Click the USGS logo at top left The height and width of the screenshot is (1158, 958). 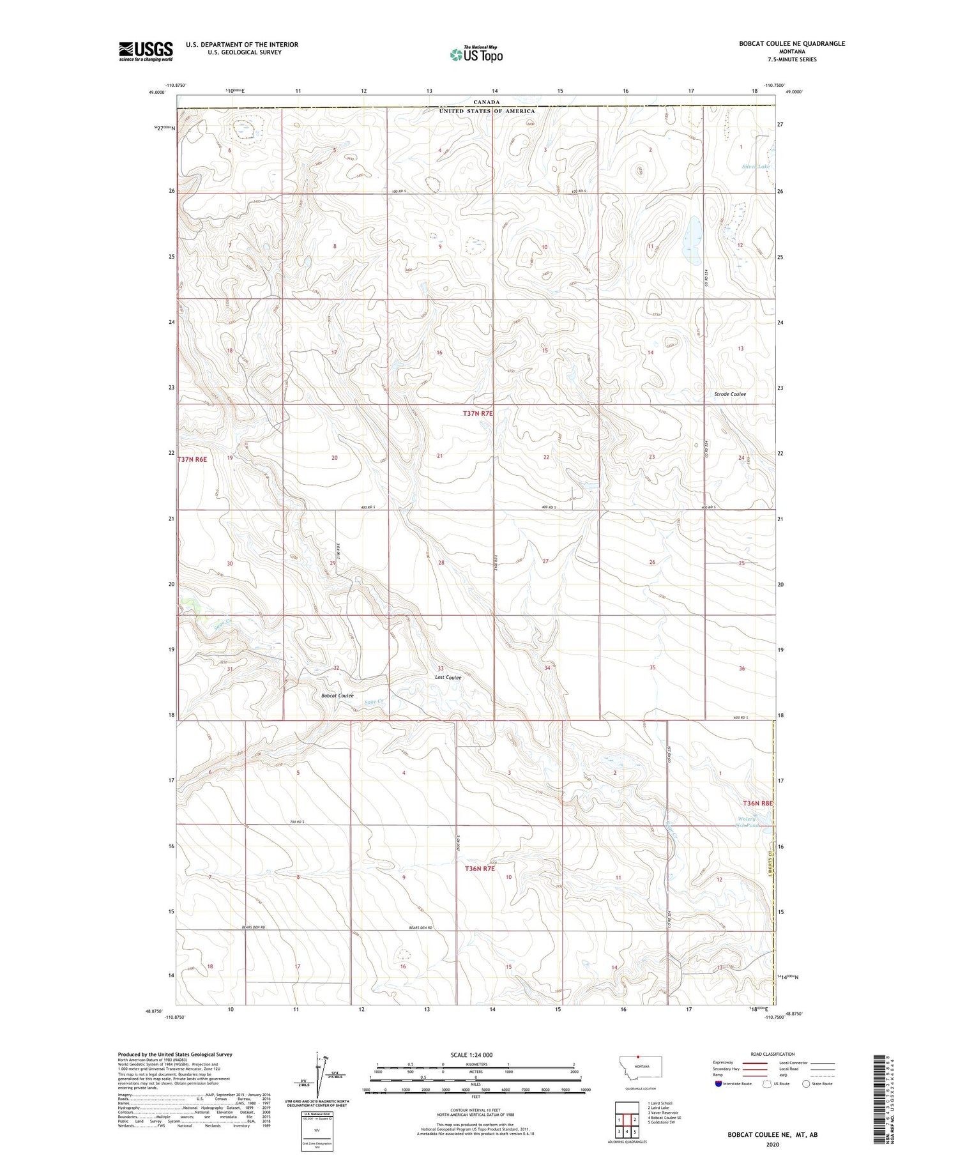tap(146, 51)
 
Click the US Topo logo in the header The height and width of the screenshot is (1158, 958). tap(476, 55)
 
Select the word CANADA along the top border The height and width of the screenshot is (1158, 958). tap(487, 102)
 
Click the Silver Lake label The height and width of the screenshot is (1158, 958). tap(756, 167)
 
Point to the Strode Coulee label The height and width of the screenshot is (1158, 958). tap(730, 394)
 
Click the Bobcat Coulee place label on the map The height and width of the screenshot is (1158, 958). tap(337, 696)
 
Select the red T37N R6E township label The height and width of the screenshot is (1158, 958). tap(192, 459)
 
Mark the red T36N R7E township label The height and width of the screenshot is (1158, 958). tap(480, 869)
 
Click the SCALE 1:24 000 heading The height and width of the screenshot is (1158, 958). tap(475, 1055)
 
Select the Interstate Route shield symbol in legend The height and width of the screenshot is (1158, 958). tap(718, 1084)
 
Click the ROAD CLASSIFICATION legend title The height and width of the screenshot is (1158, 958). tap(773, 1054)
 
